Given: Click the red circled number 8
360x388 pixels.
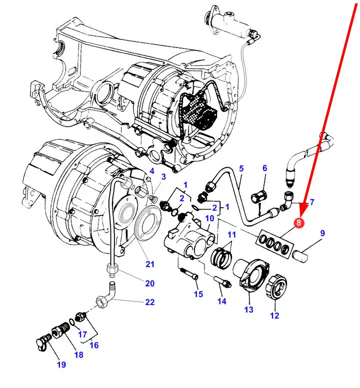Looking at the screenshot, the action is click(298, 222).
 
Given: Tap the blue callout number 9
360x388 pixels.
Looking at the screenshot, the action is click(322, 233).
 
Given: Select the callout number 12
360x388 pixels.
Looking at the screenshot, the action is click(274, 316).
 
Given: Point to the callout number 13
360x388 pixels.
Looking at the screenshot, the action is click(249, 310).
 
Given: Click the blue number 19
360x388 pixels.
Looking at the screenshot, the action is click(61, 365).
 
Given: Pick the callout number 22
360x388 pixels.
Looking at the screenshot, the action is click(150, 302).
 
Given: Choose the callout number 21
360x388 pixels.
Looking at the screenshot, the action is click(150, 264).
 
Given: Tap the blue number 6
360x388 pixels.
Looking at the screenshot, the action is click(265, 168).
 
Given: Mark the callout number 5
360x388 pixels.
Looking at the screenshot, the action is click(241, 168).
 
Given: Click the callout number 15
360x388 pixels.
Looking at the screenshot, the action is click(198, 294).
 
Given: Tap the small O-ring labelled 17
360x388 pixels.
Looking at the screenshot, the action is click(71, 322).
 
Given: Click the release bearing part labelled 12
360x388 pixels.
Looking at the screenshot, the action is click(276, 287).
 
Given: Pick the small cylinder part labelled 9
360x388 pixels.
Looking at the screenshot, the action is click(300, 255).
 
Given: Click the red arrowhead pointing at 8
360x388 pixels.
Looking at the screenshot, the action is click(303, 208).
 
